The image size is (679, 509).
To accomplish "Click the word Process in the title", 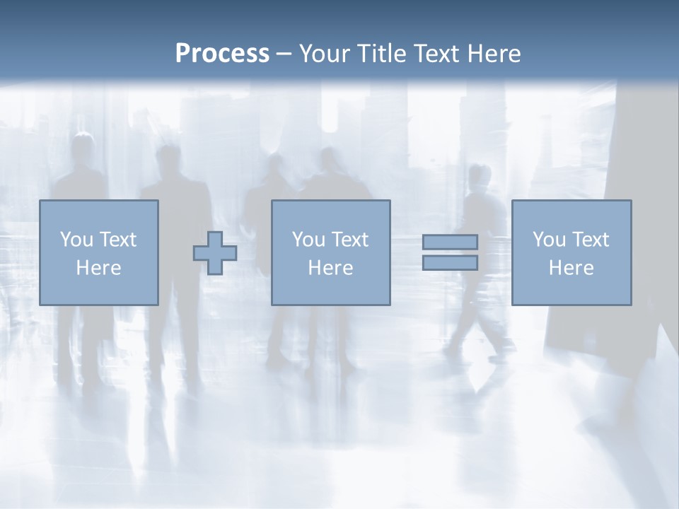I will click(x=222, y=53).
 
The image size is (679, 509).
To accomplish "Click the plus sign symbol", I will click(x=215, y=252).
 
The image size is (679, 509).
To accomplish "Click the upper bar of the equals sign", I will click(x=450, y=242).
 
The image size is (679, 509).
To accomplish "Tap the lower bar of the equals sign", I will click(x=450, y=263).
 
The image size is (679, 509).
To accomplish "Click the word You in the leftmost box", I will click(x=76, y=240).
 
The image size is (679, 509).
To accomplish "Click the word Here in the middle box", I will click(x=330, y=268).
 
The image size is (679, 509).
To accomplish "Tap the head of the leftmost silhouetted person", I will click(x=83, y=146).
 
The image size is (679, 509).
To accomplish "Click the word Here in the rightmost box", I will click(x=571, y=268).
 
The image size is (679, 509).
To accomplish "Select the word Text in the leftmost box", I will click(x=117, y=240).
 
